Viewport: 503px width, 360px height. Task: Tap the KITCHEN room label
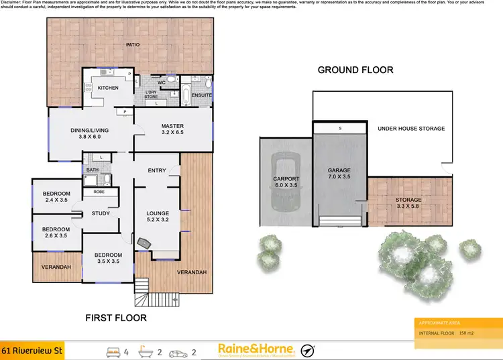[x=108, y=88]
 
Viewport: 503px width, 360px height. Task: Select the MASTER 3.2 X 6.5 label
[x=172, y=130]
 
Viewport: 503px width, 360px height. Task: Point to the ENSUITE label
[x=201, y=96]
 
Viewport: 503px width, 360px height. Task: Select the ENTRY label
[x=157, y=170]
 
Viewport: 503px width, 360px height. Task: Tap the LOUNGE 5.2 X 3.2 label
[x=158, y=216]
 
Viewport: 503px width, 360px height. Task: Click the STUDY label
[x=101, y=214]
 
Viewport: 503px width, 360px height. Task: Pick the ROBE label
[x=98, y=192]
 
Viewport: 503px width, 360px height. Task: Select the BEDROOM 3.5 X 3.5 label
[x=108, y=258]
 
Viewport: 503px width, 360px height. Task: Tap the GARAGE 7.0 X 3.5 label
[x=339, y=174]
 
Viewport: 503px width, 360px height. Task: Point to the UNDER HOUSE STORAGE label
[x=411, y=128]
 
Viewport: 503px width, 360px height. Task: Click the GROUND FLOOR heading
[x=355, y=70]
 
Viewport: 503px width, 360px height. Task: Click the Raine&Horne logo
[x=256, y=349]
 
